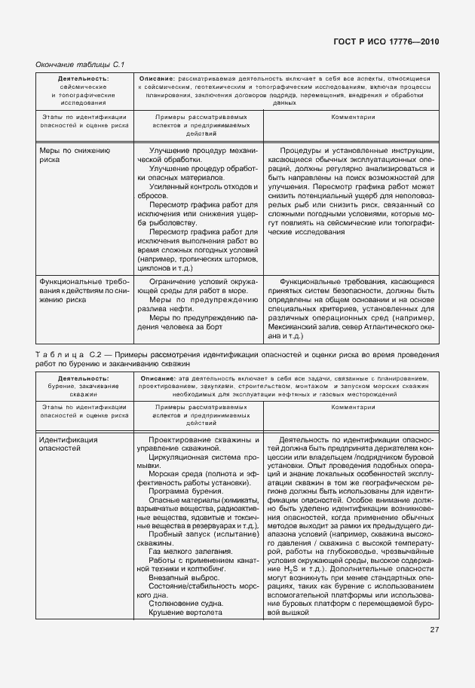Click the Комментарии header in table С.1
tap(352, 118)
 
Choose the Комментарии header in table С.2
tap(352, 407)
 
